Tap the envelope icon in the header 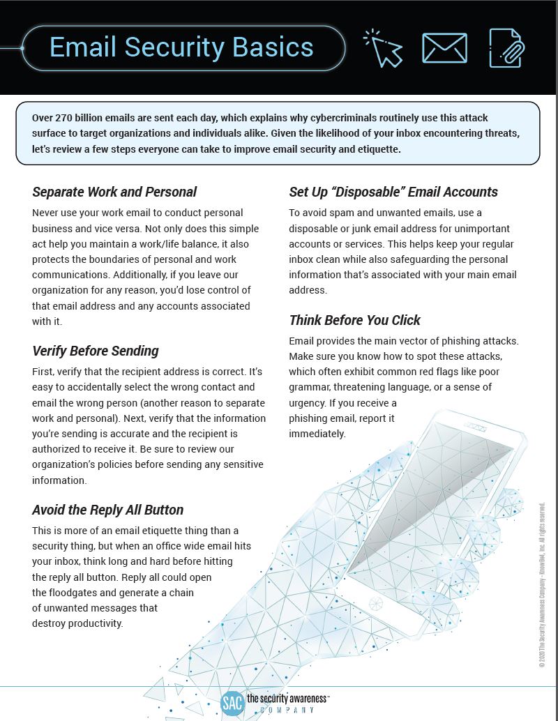[444, 48]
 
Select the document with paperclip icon [506, 48]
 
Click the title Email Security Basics [181, 47]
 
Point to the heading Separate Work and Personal [114, 192]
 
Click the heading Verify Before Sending [96, 351]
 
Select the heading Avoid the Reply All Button [107, 510]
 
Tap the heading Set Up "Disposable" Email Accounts [393, 192]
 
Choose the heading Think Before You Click [355, 320]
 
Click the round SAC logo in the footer [232, 703]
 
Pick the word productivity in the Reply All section [93, 623]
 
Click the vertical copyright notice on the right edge [542, 585]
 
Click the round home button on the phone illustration [376, 603]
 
